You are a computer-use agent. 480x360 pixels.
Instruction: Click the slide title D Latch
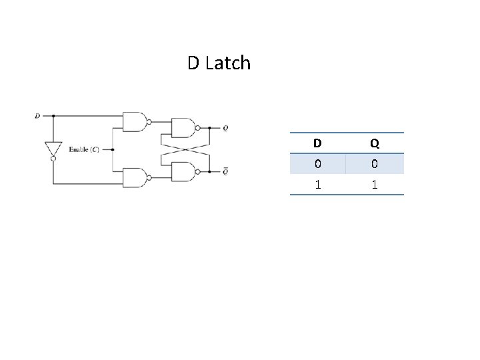pos(219,63)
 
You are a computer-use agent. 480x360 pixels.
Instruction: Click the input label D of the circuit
pos(37,115)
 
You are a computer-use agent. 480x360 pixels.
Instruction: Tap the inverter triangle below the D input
pos(53,149)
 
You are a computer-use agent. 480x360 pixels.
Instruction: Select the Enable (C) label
pos(84,149)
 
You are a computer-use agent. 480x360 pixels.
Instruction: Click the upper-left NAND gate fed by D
pos(134,121)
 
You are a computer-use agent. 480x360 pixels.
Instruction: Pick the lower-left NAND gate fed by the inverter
pos(134,177)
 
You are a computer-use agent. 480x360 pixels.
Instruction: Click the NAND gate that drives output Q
pos(183,127)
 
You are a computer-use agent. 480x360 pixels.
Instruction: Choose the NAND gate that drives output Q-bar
pos(183,171)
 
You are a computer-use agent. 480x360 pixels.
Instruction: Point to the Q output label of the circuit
pos(225,128)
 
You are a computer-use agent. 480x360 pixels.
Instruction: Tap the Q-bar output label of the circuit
pos(225,171)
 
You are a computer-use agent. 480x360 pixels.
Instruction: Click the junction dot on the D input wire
pos(53,115)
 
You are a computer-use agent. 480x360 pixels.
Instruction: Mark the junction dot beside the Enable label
pos(113,149)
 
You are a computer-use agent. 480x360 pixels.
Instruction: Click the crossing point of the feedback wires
pos(185,149)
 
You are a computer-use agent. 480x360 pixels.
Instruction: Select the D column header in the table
pos(317,143)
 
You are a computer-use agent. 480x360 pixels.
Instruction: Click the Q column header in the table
pos(375,143)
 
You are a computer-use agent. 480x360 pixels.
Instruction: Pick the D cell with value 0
pos(317,164)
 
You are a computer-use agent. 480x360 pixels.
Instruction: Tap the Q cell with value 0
pos(375,164)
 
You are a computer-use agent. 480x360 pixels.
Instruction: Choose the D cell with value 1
pos(317,185)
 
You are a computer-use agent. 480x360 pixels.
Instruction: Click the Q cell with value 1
pos(375,185)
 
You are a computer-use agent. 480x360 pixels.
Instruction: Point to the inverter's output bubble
pos(53,159)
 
